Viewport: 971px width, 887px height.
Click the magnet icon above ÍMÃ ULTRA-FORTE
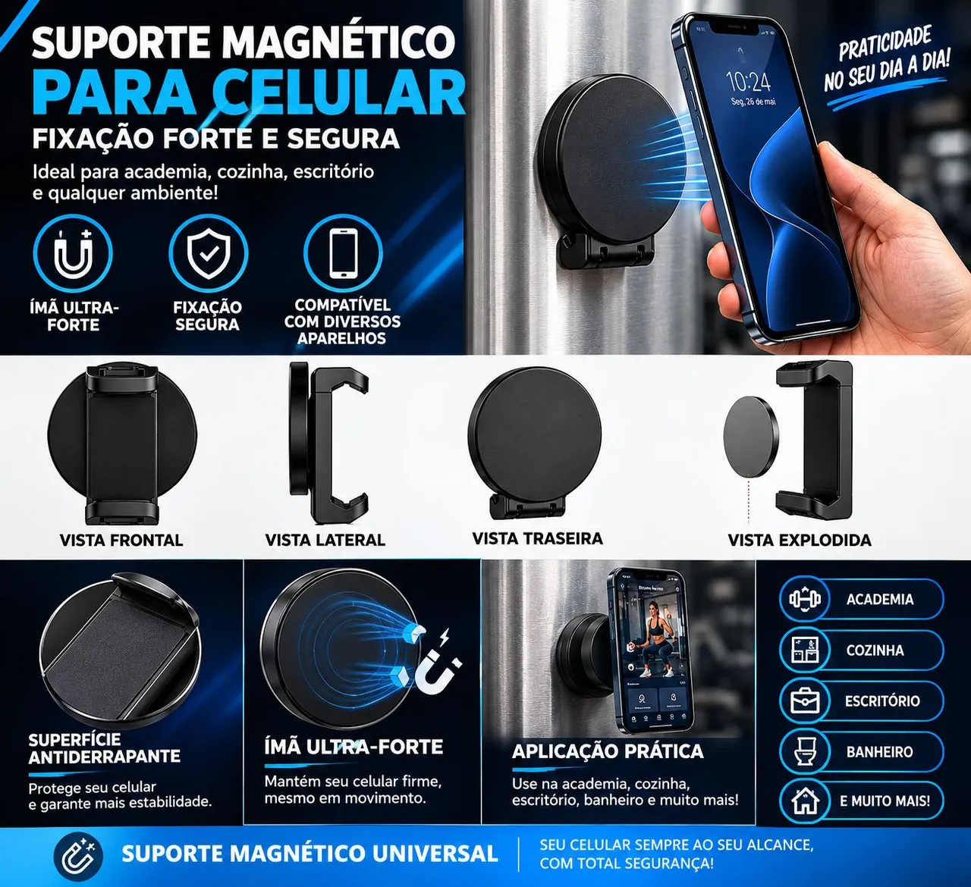click(x=73, y=253)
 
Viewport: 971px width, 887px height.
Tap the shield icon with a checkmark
click(x=209, y=253)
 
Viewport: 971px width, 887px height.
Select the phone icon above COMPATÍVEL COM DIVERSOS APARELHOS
click(x=343, y=253)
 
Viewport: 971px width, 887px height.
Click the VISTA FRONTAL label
click(x=121, y=540)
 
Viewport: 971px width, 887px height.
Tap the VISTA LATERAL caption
click(x=325, y=540)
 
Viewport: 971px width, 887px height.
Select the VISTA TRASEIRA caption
click(x=537, y=538)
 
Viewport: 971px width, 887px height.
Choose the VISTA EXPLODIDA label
click(x=800, y=540)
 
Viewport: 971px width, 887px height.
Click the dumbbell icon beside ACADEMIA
click(x=804, y=599)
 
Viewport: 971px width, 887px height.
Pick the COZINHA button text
click(x=875, y=650)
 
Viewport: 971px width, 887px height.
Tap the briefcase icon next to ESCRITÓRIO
click(x=804, y=701)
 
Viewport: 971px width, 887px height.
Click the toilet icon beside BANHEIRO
click(x=804, y=751)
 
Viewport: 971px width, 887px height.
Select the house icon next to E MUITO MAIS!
click(x=804, y=801)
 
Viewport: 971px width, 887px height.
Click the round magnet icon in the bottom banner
click(x=78, y=856)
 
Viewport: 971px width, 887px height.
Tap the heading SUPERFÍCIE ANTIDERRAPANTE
click(x=104, y=748)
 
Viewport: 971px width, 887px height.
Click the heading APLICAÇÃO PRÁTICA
click(x=608, y=751)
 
